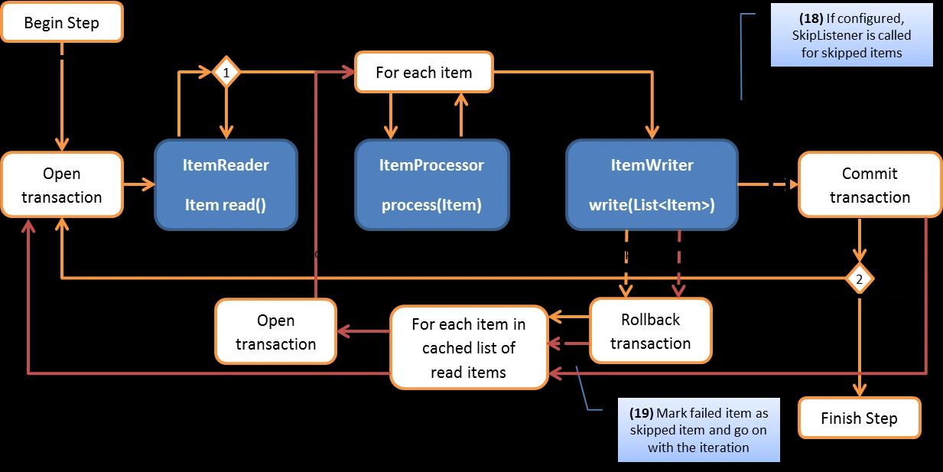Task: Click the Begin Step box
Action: (x=62, y=23)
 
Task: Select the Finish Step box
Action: (x=859, y=418)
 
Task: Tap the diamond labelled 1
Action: (x=226, y=73)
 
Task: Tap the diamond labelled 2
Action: (x=859, y=280)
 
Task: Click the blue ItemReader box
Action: (x=226, y=184)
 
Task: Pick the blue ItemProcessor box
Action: (x=431, y=184)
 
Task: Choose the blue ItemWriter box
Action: (x=652, y=184)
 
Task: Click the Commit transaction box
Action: (x=870, y=185)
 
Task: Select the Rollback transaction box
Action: (x=650, y=330)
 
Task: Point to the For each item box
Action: (x=424, y=73)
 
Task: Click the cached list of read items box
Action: (x=469, y=348)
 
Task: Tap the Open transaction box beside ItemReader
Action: (x=62, y=185)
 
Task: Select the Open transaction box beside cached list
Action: (x=276, y=332)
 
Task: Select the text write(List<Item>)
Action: (x=652, y=205)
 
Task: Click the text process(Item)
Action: (x=431, y=205)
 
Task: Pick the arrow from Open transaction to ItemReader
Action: (x=138, y=184)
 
